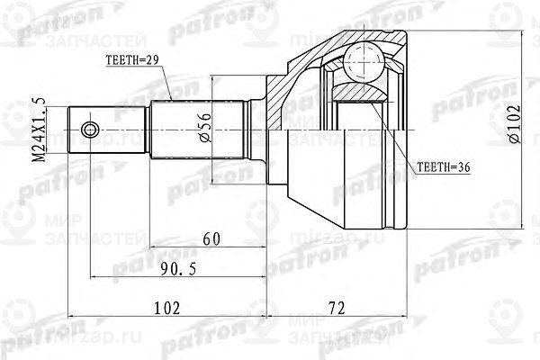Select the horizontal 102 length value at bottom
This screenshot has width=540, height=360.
[166, 307]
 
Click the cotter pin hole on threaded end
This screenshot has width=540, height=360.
[88, 130]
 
